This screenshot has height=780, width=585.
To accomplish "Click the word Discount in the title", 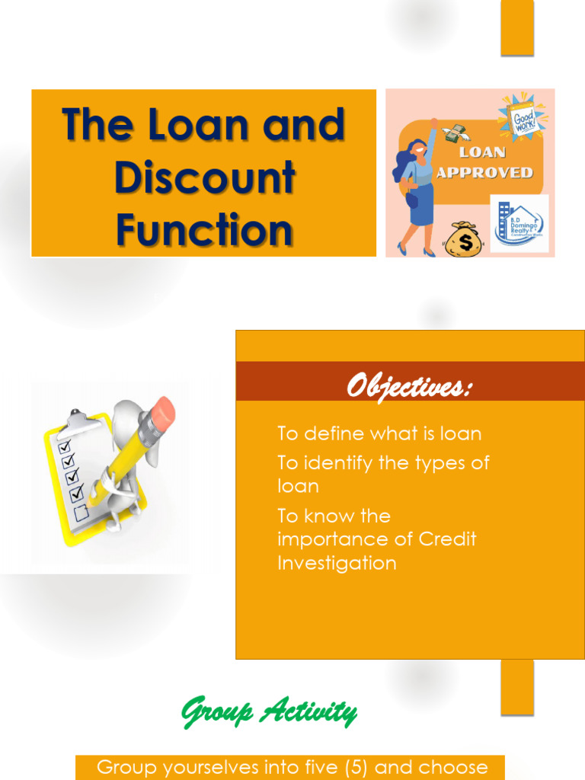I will (x=204, y=177).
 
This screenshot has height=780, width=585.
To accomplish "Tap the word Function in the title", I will (x=204, y=230).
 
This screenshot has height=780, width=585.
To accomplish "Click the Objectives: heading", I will (x=409, y=387).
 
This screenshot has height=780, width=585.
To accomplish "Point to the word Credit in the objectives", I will (x=448, y=539).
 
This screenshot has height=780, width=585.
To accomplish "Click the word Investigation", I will (x=337, y=564).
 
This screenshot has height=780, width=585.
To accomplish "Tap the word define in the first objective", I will (x=334, y=434).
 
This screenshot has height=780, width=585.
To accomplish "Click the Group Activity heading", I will (x=268, y=712).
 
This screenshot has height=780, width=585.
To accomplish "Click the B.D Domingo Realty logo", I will (x=519, y=222).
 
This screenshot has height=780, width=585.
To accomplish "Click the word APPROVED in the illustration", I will (x=484, y=173).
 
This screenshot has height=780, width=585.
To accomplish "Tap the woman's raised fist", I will (x=433, y=122).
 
